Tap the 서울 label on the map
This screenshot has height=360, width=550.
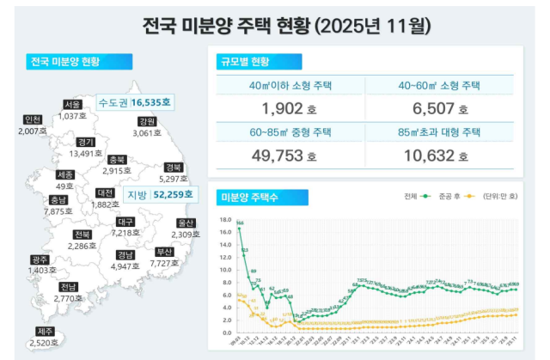(71, 105)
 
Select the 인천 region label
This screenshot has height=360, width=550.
(34, 119)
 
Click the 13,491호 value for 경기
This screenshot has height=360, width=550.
(86, 154)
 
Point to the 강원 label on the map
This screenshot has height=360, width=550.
(147, 121)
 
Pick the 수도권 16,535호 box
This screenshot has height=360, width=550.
(135, 101)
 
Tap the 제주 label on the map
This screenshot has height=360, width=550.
(45, 332)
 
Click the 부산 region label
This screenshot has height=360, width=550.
(164, 252)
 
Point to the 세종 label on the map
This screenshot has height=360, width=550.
(64, 174)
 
